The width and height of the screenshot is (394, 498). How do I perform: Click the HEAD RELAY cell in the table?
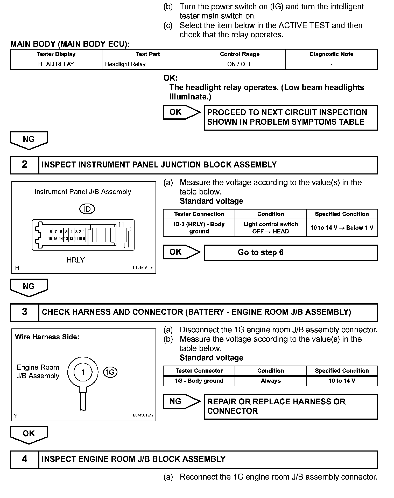click(56, 64)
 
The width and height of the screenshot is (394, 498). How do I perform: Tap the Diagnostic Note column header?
click(331, 54)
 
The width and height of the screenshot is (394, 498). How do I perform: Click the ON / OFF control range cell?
click(240, 64)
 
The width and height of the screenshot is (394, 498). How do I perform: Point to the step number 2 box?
click(25, 165)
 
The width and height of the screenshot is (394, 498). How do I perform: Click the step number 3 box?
click(25, 312)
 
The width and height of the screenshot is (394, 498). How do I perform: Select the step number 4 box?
click(25, 459)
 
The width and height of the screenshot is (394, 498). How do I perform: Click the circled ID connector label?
click(87, 209)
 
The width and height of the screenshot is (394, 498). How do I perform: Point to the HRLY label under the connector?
click(76, 260)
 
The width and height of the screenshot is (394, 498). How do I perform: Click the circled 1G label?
click(110, 372)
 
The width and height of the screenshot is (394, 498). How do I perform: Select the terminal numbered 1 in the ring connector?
click(83, 372)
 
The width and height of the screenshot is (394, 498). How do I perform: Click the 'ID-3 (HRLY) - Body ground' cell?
click(199, 228)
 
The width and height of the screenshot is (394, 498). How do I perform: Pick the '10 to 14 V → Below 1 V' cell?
click(342, 228)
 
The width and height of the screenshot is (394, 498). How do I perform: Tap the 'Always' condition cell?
click(271, 381)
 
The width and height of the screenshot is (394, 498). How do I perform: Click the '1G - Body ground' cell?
click(199, 381)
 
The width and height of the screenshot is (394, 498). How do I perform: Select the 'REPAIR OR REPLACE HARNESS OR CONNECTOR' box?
click(291, 406)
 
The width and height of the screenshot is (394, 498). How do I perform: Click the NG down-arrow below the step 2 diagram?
click(29, 287)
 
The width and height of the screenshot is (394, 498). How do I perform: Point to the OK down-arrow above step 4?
click(29, 434)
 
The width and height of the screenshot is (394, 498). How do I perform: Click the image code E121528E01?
click(143, 268)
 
